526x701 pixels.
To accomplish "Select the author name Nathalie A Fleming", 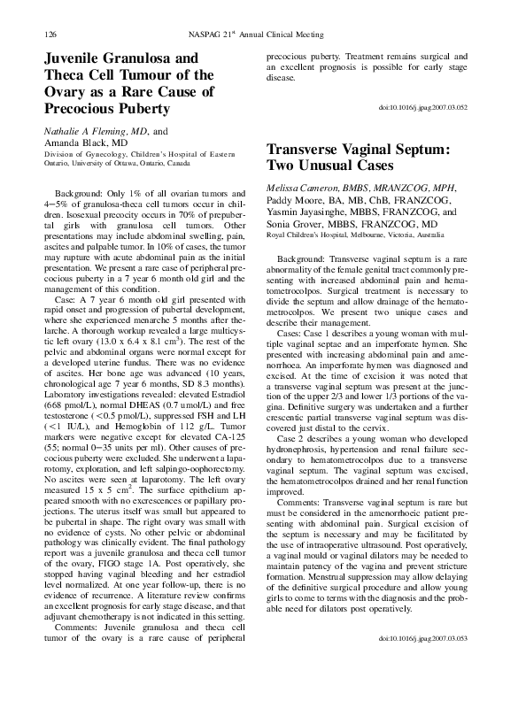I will pos(85,129).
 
